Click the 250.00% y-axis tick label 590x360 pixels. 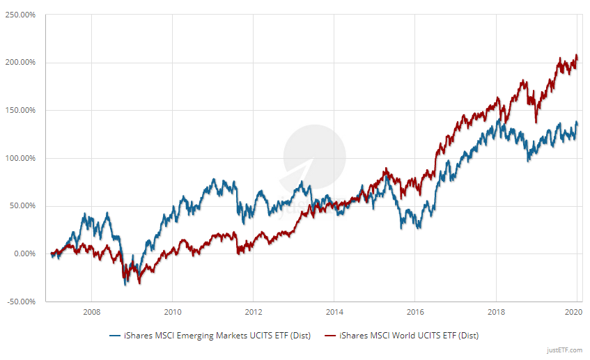pyautogui.click(x=21, y=15)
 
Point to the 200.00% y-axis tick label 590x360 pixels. pyautogui.click(x=21, y=63)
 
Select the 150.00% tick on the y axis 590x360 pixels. pyautogui.click(x=21, y=110)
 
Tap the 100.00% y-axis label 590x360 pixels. pyautogui.click(x=21, y=158)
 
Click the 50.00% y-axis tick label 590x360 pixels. pyautogui.click(x=22, y=206)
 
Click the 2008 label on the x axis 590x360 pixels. pyautogui.click(x=92, y=311)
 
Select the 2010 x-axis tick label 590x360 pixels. pyautogui.click(x=173, y=311)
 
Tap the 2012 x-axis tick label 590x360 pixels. pyautogui.click(x=254, y=311)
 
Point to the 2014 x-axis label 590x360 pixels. pyautogui.click(x=334, y=311)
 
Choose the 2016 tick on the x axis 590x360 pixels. pyautogui.click(x=415, y=311)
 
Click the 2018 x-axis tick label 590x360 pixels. pyautogui.click(x=496, y=311)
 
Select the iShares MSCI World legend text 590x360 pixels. pyautogui.click(x=408, y=335)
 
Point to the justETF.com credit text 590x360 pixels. pyautogui.click(x=565, y=351)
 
